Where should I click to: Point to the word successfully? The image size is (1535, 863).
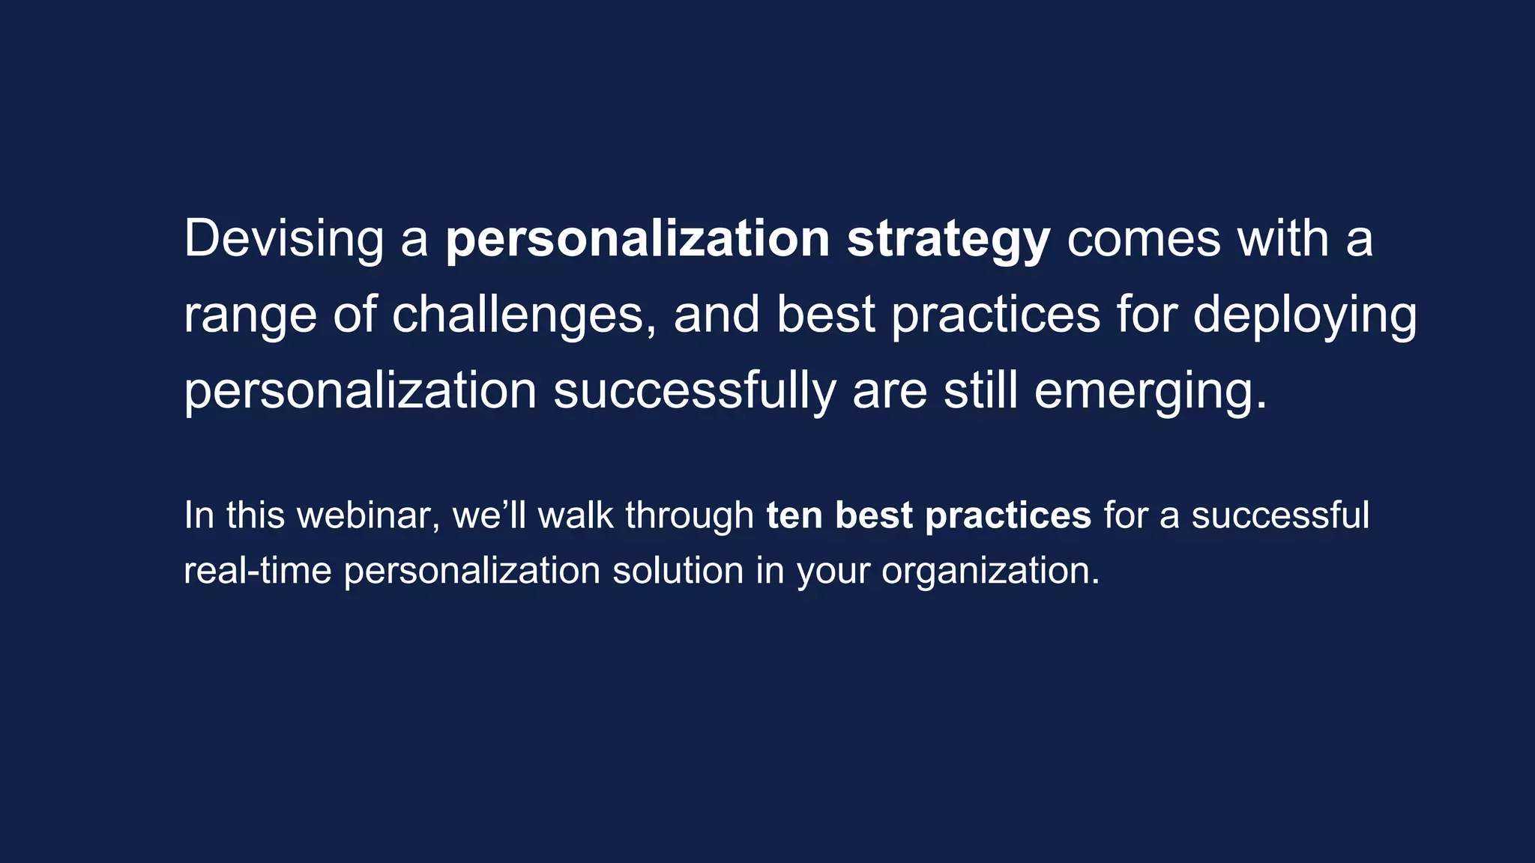[x=694, y=392]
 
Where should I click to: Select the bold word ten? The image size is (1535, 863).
[x=794, y=515]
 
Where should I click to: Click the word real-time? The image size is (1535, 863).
[x=257, y=571]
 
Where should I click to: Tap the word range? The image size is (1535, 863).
[x=250, y=315]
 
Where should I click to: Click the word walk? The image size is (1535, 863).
[x=576, y=515]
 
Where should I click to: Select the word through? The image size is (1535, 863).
[x=690, y=515]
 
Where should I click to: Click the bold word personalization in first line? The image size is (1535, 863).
[x=637, y=240]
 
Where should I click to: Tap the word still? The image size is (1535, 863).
[x=980, y=392]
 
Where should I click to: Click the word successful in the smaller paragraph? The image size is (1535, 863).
[x=1280, y=515]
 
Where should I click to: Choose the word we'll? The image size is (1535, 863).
[x=489, y=515]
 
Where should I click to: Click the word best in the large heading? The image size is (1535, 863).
[x=825, y=315]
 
